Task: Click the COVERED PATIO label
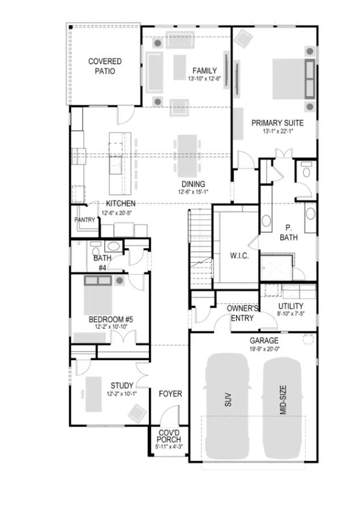(x=105, y=66)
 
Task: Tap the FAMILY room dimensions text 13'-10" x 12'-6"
(x=204, y=79)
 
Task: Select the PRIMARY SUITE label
(x=277, y=123)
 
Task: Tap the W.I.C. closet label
(x=239, y=255)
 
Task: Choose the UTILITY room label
(x=291, y=306)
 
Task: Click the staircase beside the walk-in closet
(x=200, y=249)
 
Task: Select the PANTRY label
(x=85, y=220)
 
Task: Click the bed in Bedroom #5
(x=98, y=295)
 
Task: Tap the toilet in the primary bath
(x=306, y=170)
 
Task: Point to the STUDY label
(x=122, y=386)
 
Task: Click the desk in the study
(x=93, y=394)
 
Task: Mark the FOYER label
(x=171, y=394)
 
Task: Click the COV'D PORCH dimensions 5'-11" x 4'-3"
(x=169, y=447)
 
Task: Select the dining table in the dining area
(x=187, y=156)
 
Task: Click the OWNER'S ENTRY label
(x=242, y=313)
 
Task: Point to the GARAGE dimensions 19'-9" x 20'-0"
(x=264, y=348)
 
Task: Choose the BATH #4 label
(x=102, y=263)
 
